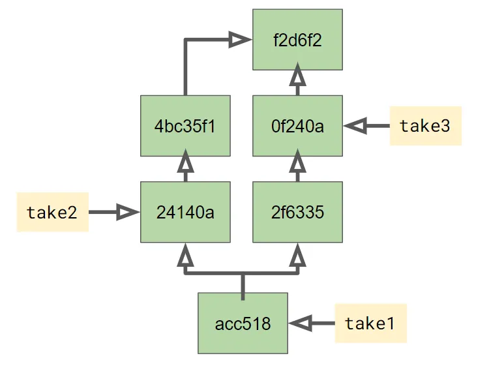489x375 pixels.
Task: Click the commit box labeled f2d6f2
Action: pyautogui.click(x=297, y=39)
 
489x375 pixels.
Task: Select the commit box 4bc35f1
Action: pyautogui.click(x=185, y=126)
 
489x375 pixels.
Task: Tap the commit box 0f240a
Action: pyautogui.click(x=297, y=126)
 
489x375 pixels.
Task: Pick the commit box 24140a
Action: pyautogui.click(x=185, y=212)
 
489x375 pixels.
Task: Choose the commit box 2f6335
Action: pyautogui.click(x=297, y=212)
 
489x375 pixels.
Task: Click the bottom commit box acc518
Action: pyautogui.click(x=243, y=323)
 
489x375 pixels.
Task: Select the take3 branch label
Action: pyautogui.click(x=425, y=126)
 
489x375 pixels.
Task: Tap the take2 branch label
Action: pyautogui.click(x=52, y=212)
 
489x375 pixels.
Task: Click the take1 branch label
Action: pyautogui.click(x=370, y=323)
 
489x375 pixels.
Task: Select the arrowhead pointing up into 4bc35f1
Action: pyautogui.click(x=185, y=163)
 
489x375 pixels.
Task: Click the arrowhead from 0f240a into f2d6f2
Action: pyautogui.click(x=297, y=76)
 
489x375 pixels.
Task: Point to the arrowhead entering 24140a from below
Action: pyautogui.click(x=185, y=255)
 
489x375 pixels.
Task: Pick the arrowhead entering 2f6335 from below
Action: pyautogui.click(x=297, y=255)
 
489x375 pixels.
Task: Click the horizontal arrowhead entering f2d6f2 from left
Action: pyautogui.click(x=240, y=40)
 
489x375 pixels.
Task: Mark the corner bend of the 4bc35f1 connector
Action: pyautogui.click(x=186, y=40)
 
